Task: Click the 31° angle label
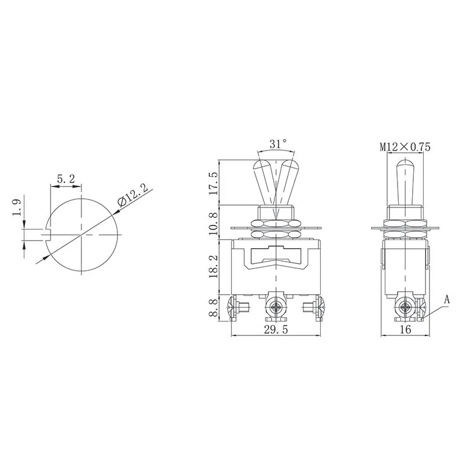pos(278,144)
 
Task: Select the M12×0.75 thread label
pos(405,148)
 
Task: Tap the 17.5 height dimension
pos(214,183)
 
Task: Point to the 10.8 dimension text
pos(214,223)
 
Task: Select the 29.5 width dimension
pos(277,330)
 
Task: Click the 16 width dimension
pos(406,330)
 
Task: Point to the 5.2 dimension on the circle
pos(66,180)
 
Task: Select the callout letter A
pos(447,300)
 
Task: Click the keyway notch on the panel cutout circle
pos(49,234)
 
